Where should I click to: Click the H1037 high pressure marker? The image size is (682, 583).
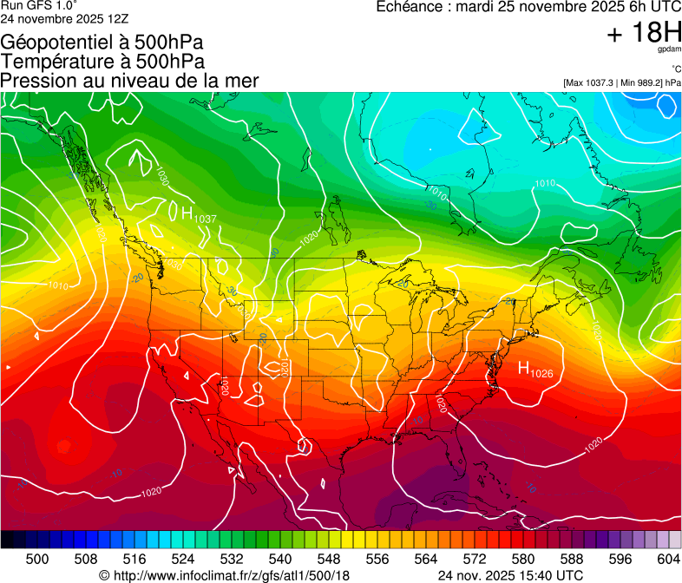click(x=193, y=213)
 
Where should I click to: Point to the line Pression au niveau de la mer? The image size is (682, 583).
click(x=129, y=81)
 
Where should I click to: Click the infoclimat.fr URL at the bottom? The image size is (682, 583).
click(x=225, y=575)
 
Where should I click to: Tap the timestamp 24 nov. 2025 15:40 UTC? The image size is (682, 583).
click(x=510, y=575)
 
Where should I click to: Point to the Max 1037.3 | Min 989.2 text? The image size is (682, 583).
click(x=621, y=82)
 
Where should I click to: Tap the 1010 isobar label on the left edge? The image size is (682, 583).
click(x=57, y=285)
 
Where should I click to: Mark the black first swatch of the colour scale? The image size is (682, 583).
click(x=7, y=540)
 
